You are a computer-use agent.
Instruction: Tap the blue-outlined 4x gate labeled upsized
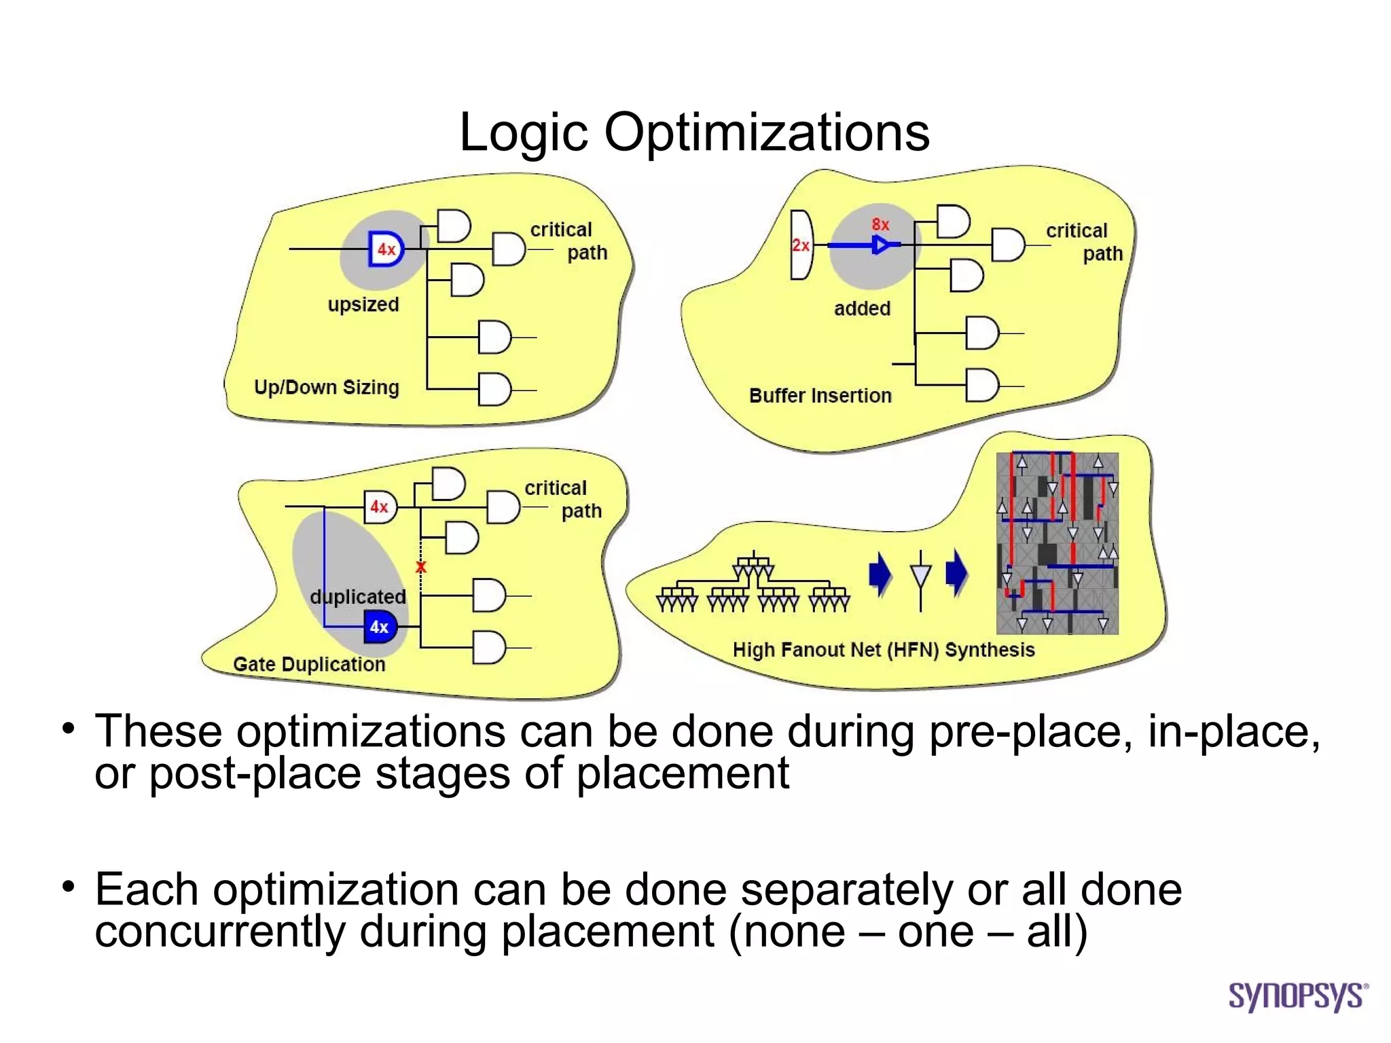click(x=386, y=249)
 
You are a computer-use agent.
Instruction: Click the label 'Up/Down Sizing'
click(x=326, y=387)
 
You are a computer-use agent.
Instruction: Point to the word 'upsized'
click(x=363, y=304)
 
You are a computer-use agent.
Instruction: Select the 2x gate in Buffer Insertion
click(x=801, y=245)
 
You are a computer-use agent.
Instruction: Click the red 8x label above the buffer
click(x=880, y=224)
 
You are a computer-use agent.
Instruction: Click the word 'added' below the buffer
click(x=862, y=308)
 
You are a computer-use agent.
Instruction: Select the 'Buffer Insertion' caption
click(x=820, y=395)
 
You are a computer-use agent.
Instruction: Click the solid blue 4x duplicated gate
click(x=380, y=626)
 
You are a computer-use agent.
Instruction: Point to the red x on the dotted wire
click(x=421, y=566)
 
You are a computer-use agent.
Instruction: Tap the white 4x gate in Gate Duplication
click(x=380, y=507)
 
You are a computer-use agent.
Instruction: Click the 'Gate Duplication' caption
click(x=309, y=664)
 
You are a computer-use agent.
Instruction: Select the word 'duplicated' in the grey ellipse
click(x=358, y=597)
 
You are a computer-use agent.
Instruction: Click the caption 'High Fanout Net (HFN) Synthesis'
click(x=883, y=650)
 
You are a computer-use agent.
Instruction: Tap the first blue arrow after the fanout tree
click(x=880, y=574)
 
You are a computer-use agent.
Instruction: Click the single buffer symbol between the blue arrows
click(x=920, y=577)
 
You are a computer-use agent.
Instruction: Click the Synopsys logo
click(x=1297, y=996)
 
